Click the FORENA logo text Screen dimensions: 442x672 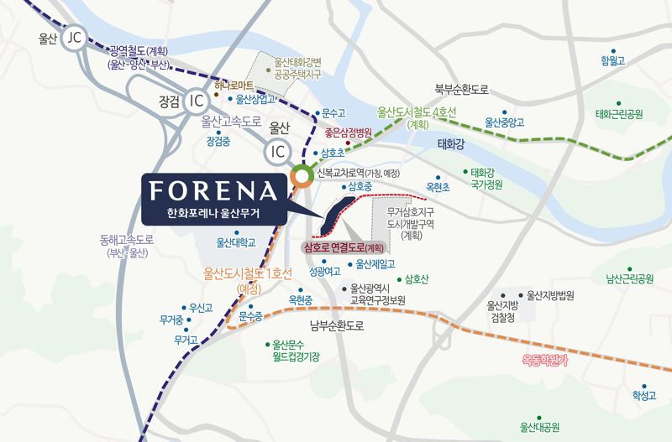pyautogui.click(x=216, y=190)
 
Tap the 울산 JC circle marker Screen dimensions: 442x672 pyautogui.click(x=75, y=37)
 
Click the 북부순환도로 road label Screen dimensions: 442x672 pyautogui.click(x=461, y=88)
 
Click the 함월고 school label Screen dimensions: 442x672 pyautogui.click(x=614, y=61)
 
